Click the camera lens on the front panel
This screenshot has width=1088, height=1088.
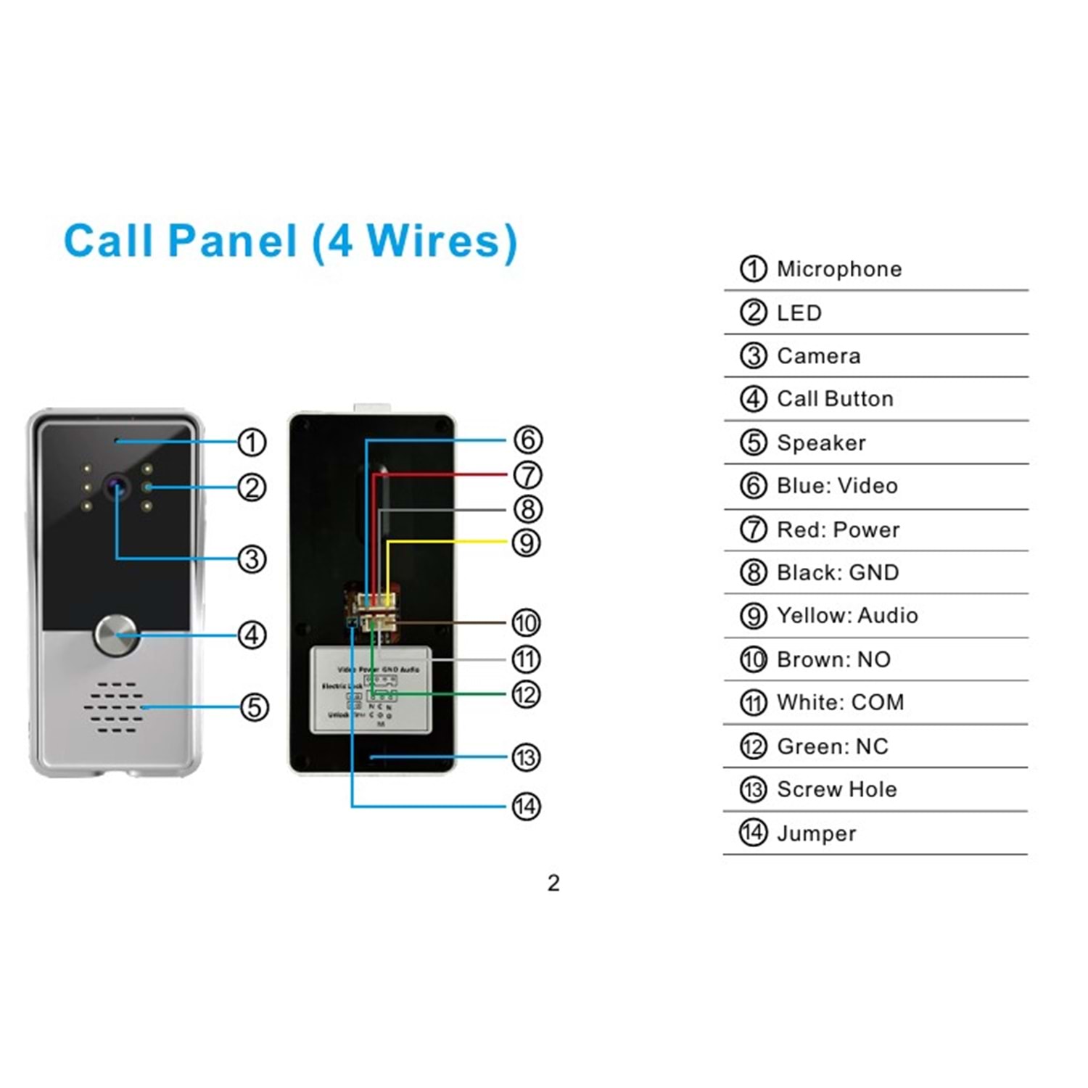tap(116, 486)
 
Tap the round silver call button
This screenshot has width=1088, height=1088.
tap(115, 635)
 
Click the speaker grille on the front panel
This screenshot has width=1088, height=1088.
tap(114, 706)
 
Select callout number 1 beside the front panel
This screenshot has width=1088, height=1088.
tap(252, 442)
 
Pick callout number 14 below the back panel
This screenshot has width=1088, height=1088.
tap(526, 806)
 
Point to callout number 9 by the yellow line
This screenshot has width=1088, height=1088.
tap(526, 543)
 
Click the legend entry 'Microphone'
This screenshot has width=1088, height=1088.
tap(839, 269)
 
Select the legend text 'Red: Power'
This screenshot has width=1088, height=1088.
tap(838, 529)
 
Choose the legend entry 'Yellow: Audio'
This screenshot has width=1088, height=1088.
tap(847, 616)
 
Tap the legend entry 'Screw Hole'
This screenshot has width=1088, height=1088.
tap(836, 789)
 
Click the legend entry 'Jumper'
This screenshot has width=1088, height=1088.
tap(816, 833)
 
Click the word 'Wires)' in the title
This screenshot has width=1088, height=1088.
tap(442, 241)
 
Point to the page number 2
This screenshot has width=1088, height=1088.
tap(553, 883)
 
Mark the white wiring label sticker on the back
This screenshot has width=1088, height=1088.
tap(371, 690)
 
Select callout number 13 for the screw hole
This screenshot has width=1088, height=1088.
tap(526, 757)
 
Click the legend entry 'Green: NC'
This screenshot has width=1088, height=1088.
tap(832, 746)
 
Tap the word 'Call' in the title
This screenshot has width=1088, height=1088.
tap(109, 241)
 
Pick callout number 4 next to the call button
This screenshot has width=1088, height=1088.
tap(252, 635)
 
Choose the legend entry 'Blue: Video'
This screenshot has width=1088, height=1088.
tap(837, 486)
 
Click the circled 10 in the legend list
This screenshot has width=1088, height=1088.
tap(753, 659)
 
